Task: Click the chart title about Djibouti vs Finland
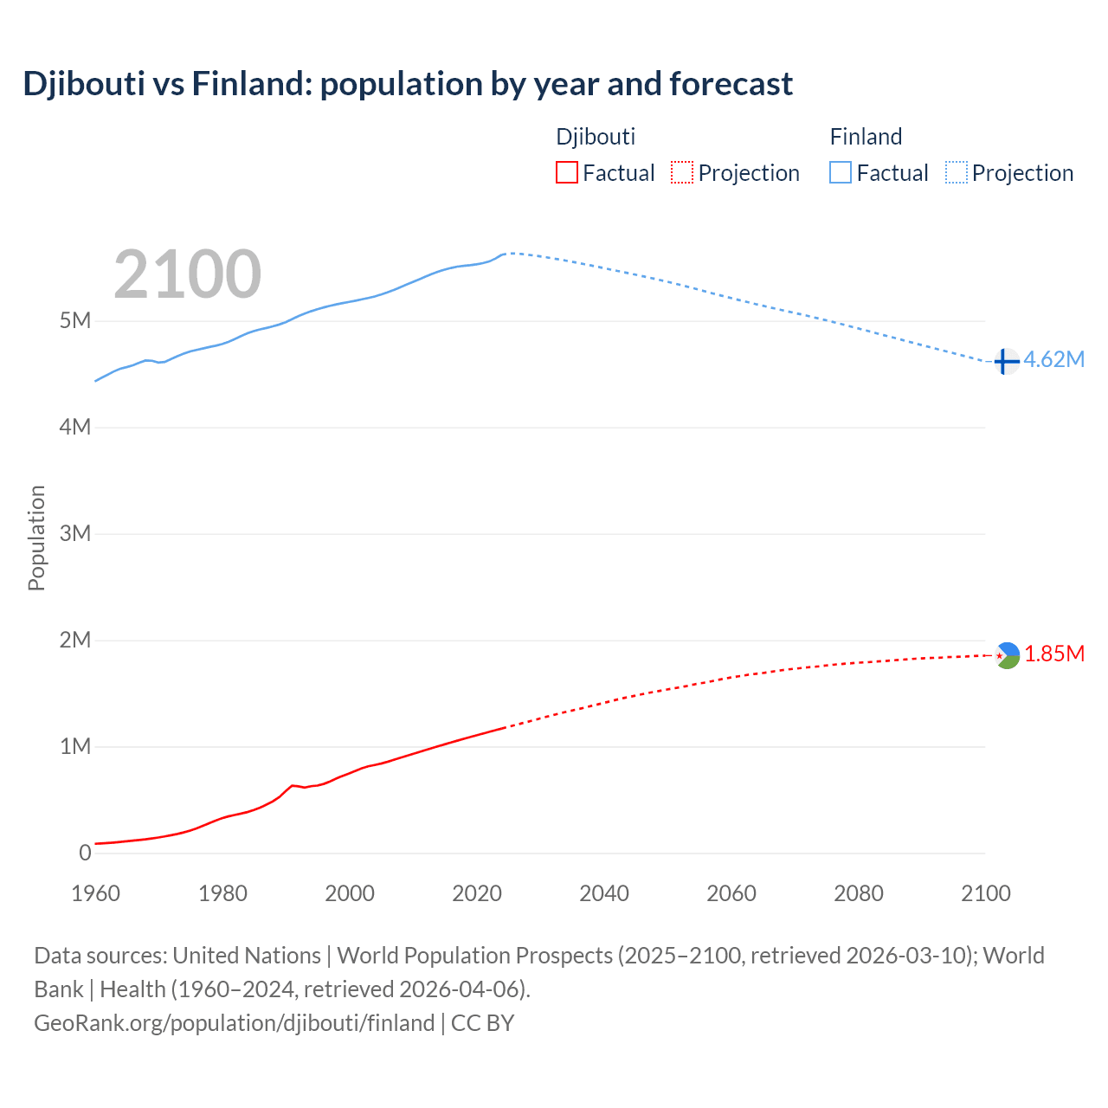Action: pyautogui.click(x=408, y=84)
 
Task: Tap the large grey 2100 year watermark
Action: pyautogui.click(x=187, y=274)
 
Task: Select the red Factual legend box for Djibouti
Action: pyautogui.click(x=566, y=173)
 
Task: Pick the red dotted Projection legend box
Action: pyautogui.click(x=682, y=173)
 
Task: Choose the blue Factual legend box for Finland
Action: pyautogui.click(x=841, y=173)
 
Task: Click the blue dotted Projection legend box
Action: pyautogui.click(x=957, y=173)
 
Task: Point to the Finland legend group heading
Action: pyautogui.click(x=866, y=137)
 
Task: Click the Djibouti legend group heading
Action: pyautogui.click(x=596, y=137)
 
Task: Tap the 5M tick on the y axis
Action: pyautogui.click(x=75, y=321)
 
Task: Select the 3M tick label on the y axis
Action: pyautogui.click(x=75, y=533)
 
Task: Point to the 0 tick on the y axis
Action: pyautogui.click(x=85, y=853)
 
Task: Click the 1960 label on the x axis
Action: pyautogui.click(x=95, y=893)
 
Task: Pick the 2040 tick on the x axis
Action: pyautogui.click(x=604, y=893)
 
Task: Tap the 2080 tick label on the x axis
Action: pyautogui.click(x=859, y=893)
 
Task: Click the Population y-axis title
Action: pyautogui.click(x=36, y=538)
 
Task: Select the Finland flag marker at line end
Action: pyautogui.click(x=1006, y=361)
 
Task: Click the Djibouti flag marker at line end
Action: pyautogui.click(x=1008, y=655)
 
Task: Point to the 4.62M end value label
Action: pyautogui.click(x=1053, y=360)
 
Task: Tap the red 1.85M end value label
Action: pyautogui.click(x=1054, y=654)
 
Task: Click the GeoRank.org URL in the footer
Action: pyautogui.click(x=234, y=1023)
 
